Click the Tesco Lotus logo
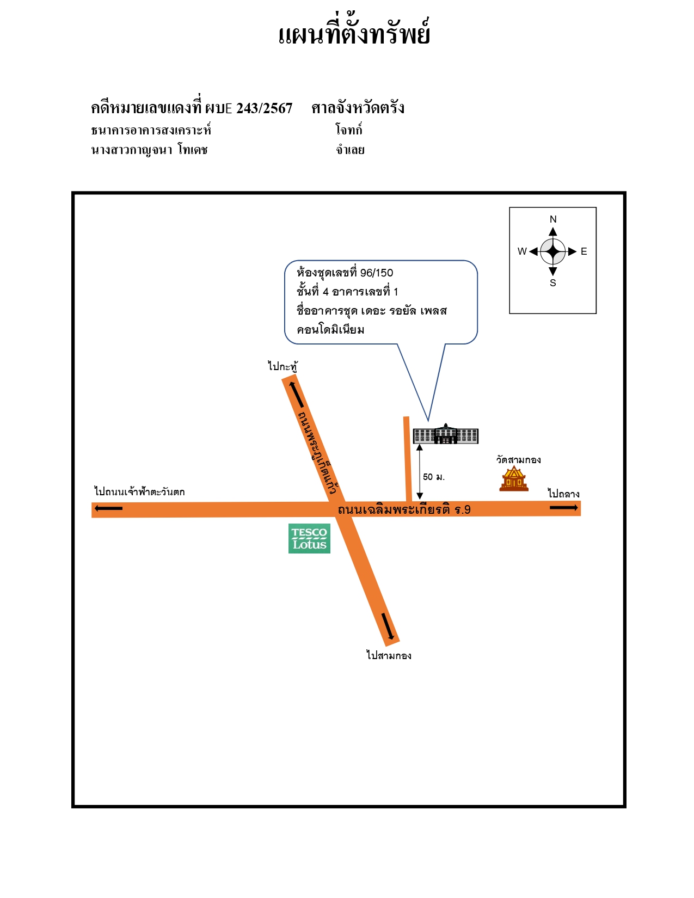point(309,538)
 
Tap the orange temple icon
point(514,478)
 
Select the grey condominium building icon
point(446,434)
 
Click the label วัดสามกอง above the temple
point(518,460)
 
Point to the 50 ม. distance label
point(434,477)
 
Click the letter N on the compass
point(553,219)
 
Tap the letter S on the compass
point(553,283)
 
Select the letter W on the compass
point(522,251)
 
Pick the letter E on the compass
point(584,251)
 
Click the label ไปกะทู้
point(282,366)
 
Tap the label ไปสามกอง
point(389,655)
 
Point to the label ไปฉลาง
point(563,494)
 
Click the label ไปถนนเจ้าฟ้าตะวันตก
point(139,492)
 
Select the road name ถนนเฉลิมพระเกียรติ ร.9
point(404,509)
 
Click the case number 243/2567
point(264,108)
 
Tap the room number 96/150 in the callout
point(377,273)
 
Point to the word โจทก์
point(349,130)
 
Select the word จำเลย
point(350,150)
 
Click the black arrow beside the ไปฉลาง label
point(564,507)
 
